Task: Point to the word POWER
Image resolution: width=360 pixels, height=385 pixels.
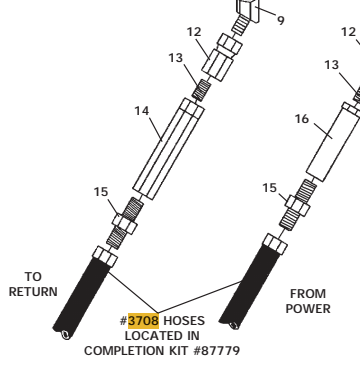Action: pos(306,307)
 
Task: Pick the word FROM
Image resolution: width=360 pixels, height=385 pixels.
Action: pos(307,293)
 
